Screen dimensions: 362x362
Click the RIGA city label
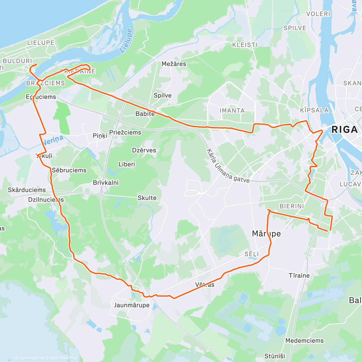pyautogui.click(x=344, y=130)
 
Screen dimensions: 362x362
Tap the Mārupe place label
pyautogui.click(x=266, y=234)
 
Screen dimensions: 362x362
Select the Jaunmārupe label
pyautogui.click(x=132, y=305)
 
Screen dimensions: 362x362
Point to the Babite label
pyautogui.click(x=145, y=114)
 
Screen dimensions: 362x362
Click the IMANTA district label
pyautogui.click(x=232, y=111)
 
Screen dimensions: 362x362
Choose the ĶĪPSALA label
pyautogui.click(x=314, y=110)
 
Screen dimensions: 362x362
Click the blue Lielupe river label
pyautogui.click(x=126, y=41)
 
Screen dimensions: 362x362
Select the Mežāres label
pyautogui.click(x=174, y=64)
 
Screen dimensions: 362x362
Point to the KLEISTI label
pyautogui.click(x=245, y=45)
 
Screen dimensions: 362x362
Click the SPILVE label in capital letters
pyautogui.click(x=295, y=28)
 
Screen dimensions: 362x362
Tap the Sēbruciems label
pyautogui.click(x=69, y=170)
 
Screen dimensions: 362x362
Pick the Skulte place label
pyautogui.click(x=147, y=198)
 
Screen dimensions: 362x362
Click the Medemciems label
pyautogui.click(x=304, y=341)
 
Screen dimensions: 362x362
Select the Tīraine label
pyautogui.click(x=299, y=275)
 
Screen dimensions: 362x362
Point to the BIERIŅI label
pyautogui.click(x=291, y=206)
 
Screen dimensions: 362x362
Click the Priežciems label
pyautogui.click(x=125, y=132)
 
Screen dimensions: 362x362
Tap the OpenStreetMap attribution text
pyautogui.click(x=63, y=358)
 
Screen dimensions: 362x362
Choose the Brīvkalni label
pyautogui.click(x=106, y=183)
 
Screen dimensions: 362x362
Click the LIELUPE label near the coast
pyautogui.click(x=41, y=43)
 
